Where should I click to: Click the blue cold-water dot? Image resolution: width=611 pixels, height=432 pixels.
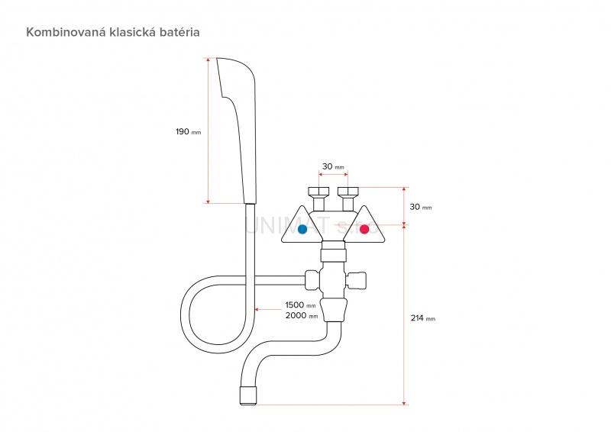[x=302, y=228]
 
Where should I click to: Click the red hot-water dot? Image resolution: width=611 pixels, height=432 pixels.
[x=364, y=228]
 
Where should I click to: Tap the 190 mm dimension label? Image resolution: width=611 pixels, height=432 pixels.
[x=188, y=131]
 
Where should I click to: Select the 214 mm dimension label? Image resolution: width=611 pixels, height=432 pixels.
[x=422, y=318]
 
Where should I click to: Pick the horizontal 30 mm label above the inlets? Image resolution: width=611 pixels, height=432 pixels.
[x=333, y=166]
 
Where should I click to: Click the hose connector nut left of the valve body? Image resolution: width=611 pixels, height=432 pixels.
[x=312, y=280]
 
